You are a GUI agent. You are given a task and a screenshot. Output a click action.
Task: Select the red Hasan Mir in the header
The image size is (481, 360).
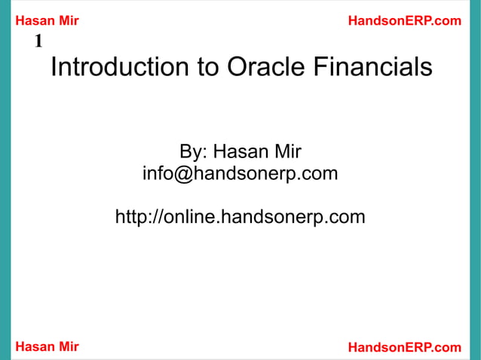click(47, 21)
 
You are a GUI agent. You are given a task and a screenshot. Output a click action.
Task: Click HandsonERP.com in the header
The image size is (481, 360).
click(404, 21)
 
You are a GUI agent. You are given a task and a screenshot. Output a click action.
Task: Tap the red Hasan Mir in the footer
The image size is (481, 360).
click(47, 346)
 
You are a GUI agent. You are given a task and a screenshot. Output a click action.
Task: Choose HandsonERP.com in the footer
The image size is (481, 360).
click(404, 346)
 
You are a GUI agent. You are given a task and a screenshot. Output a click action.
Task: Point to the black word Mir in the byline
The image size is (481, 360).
click(288, 152)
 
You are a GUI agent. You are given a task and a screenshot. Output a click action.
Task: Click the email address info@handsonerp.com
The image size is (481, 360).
click(240, 175)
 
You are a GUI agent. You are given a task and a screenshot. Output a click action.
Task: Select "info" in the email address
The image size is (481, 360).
click(159, 175)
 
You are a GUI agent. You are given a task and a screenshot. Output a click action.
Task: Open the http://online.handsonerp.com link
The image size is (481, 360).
click(240, 218)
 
